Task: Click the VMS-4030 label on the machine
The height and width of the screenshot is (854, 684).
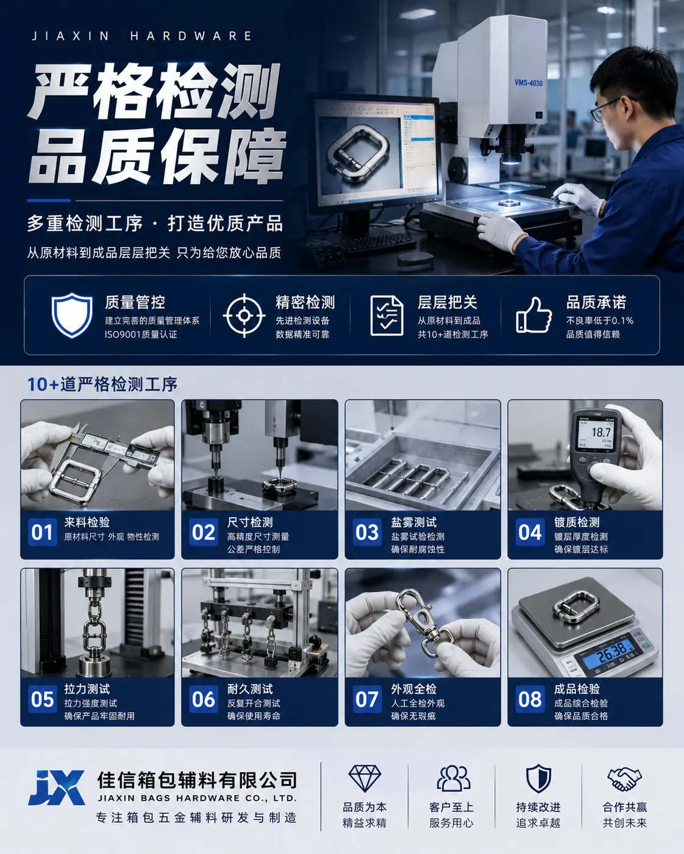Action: click(x=529, y=83)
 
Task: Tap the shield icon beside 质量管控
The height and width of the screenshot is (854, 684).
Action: click(x=72, y=315)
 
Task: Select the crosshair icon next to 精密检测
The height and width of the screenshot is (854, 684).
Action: click(x=244, y=316)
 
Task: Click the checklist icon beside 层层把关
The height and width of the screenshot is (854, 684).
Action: click(x=387, y=316)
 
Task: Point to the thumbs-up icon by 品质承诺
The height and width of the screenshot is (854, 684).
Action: click(x=533, y=315)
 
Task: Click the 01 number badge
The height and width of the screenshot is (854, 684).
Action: click(x=42, y=532)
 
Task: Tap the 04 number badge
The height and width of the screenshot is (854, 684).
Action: click(x=530, y=532)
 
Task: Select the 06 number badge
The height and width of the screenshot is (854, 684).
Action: click(x=204, y=699)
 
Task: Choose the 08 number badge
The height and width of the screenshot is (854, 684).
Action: click(x=530, y=699)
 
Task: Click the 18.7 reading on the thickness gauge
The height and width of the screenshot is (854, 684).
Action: click(x=601, y=432)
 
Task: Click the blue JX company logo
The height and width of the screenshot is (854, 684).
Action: click(x=57, y=788)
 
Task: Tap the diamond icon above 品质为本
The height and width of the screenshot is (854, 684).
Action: click(x=364, y=778)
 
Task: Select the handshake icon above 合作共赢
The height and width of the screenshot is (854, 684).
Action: click(x=624, y=778)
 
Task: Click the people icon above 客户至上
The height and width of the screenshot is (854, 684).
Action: click(x=453, y=778)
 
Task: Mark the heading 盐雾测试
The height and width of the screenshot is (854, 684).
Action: click(x=413, y=522)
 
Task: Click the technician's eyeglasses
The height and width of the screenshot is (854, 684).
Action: click(x=606, y=108)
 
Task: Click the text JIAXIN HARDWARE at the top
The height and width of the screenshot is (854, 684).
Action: click(x=141, y=36)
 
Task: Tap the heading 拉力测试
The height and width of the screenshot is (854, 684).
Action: click(x=87, y=689)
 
